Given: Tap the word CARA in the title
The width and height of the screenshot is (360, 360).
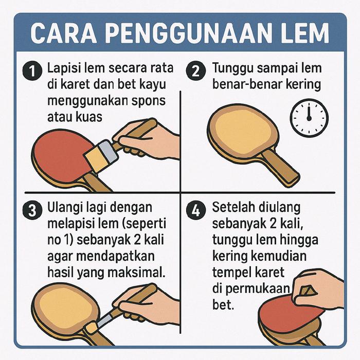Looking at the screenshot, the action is [x=63, y=33].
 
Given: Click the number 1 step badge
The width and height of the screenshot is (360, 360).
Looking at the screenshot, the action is [x=32, y=70].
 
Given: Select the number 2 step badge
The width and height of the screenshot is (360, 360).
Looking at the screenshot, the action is [x=195, y=70].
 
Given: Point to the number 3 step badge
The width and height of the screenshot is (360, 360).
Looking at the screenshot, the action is [x=32, y=210].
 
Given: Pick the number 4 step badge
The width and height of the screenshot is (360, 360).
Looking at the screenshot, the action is [x=195, y=210].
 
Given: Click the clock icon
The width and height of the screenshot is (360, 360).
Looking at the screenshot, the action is [x=309, y=118].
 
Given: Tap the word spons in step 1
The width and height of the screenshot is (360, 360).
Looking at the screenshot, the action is [x=149, y=101].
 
